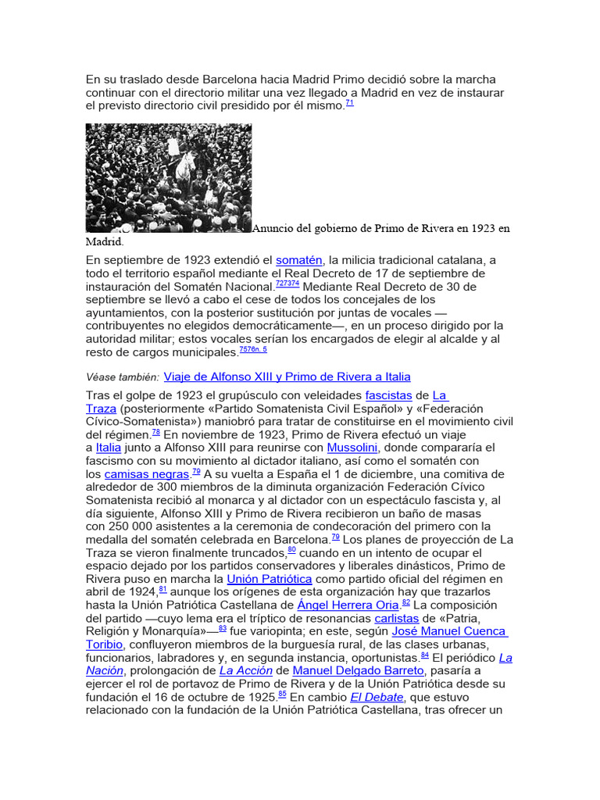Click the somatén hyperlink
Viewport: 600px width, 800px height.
tap(298, 259)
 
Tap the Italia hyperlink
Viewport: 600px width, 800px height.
tap(109, 448)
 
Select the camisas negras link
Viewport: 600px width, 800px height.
tap(147, 474)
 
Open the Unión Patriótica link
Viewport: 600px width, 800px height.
tap(270, 579)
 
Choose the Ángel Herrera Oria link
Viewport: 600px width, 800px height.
tap(348, 605)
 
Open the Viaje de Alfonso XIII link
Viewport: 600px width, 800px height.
tap(287, 377)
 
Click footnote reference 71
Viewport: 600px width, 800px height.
tap(349, 102)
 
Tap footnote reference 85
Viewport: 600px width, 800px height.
tap(282, 693)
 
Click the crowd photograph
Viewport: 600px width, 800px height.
tap(169, 178)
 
